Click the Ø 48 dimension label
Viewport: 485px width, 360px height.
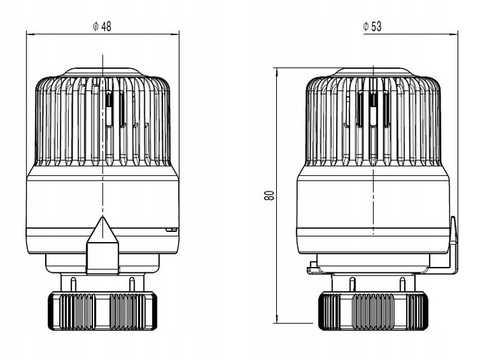[x=102, y=26]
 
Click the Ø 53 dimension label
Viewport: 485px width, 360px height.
[x=373, y=26]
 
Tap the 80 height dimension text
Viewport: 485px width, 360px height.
[x=269, y=196]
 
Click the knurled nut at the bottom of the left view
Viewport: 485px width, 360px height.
[x=102, y=311]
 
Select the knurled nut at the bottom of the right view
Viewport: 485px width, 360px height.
[x=373, y=311]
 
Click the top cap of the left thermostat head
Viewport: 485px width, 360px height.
[x=102, y=72]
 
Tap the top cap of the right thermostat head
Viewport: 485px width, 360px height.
[x=373, y=72]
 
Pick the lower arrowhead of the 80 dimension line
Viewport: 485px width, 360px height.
[x=277, y=319]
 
